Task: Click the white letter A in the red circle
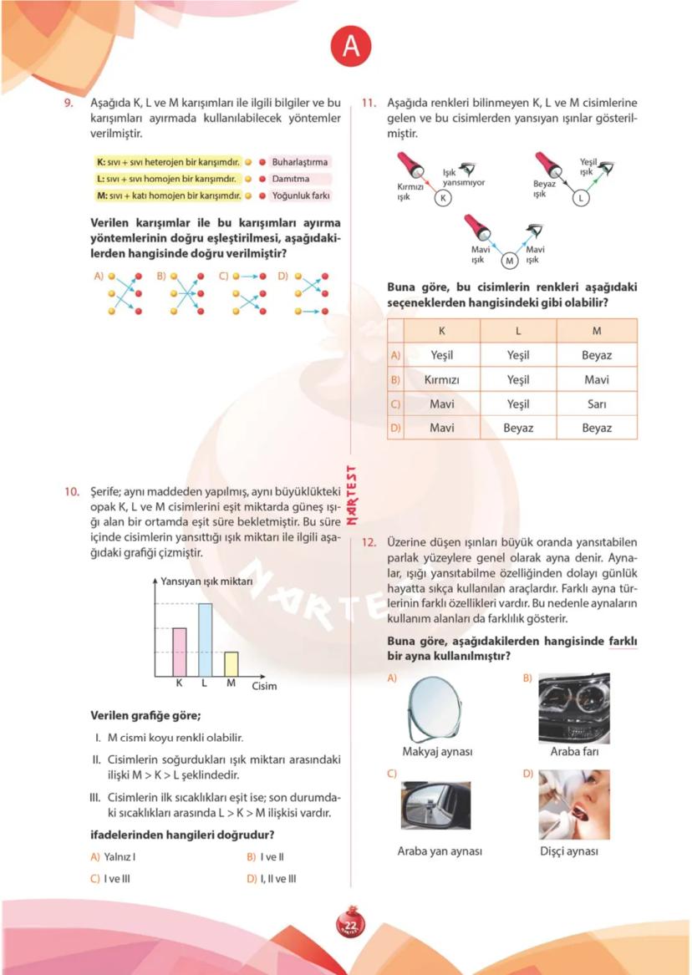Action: (350, 48)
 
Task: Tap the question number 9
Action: (71, 103)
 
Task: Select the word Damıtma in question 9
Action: (290, 179)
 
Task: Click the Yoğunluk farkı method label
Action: (300, 196)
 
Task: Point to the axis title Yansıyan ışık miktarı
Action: (206, 581)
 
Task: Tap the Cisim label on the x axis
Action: (264, 686)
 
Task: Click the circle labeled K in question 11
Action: (445, 198)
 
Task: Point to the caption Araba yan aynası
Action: (440, 851)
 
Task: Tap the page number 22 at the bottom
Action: (350, 924)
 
